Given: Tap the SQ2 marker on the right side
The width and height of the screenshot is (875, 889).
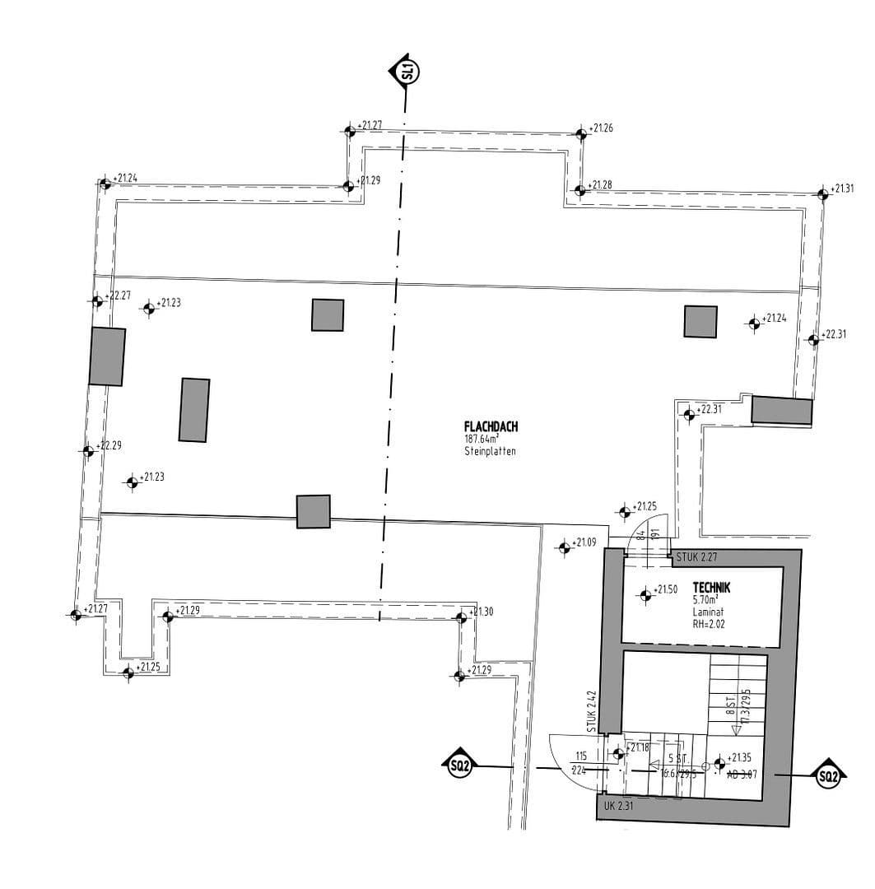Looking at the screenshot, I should (828, 775).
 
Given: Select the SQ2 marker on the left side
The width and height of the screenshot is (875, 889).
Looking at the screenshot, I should (458, 766).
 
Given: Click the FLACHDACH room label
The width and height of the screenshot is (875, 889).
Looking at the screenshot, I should (491, 427).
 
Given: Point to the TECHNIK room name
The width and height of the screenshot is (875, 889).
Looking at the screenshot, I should (712, 588).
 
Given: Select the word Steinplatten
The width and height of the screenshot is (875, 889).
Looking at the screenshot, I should (491, 452).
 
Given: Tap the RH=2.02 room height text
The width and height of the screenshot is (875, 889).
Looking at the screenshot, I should (710, 624).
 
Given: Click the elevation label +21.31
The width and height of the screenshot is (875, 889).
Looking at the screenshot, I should (843, 189).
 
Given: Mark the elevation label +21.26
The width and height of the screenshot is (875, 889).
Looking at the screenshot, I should (602, 128).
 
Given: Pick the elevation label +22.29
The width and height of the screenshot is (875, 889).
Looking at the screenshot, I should (109, 445).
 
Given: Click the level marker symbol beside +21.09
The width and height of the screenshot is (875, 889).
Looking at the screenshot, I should (564, 547).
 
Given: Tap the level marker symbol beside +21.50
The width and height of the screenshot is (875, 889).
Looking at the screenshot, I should (645, 593).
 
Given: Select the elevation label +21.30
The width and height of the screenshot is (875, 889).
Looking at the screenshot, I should (482, 612).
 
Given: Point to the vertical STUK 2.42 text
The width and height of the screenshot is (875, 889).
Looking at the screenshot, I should (591, 713).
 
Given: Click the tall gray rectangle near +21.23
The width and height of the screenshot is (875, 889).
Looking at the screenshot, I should (194, 410).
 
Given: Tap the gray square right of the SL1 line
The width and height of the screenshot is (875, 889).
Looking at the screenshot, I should (700, 321).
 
